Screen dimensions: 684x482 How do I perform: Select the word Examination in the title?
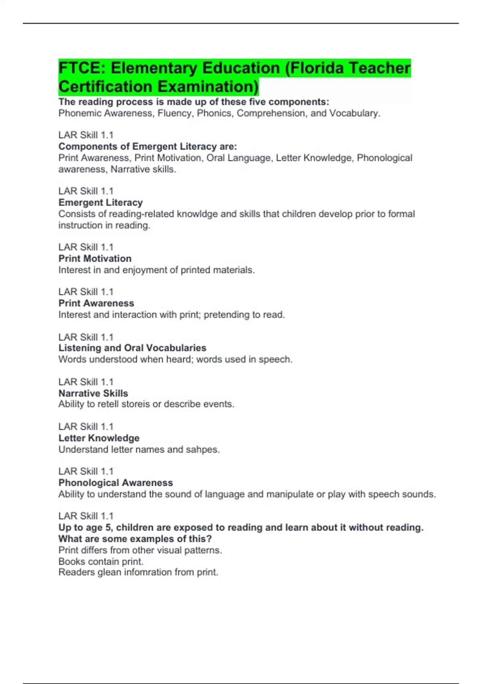coord(208,87)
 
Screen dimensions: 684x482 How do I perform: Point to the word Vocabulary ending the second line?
coord(353,113)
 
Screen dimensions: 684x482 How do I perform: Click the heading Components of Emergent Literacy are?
coord(147,146)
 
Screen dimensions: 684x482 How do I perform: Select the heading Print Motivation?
coord(95,258)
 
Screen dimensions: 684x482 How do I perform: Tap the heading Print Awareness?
coord(96,303)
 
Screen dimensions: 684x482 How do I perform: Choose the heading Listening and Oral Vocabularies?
coord(132,348)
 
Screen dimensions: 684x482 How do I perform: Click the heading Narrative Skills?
coord(93,393)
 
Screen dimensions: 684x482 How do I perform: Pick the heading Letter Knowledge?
coord(99,438)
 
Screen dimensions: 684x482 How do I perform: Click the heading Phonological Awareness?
coord(116,482)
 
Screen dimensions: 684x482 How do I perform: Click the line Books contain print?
coord(101,561)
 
